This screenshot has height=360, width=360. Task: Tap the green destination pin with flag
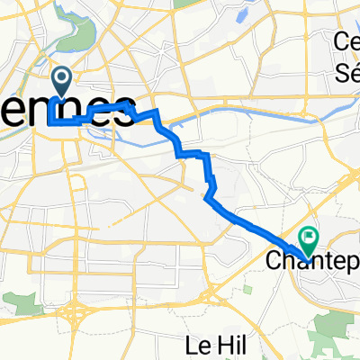click(x=309, y=239)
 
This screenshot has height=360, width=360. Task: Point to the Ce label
click(x=346, y=41)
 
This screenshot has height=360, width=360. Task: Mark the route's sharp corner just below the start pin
click(x=52, y=120)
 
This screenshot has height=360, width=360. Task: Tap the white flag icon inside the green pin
click(x=309, y=238)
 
